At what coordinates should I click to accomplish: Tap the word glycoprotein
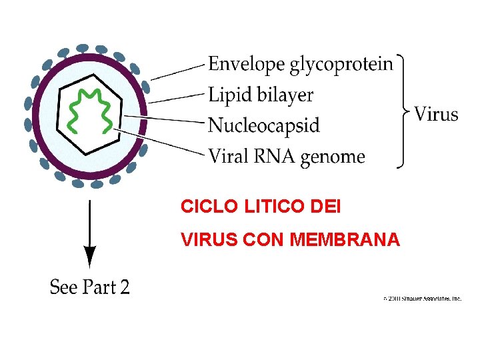tap(341, 65)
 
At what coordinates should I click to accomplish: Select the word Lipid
tap(228, 95)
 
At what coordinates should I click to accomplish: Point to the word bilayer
tap(283, 95)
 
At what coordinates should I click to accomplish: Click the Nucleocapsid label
tap(264, 125)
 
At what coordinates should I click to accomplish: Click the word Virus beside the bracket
tap(437, 114)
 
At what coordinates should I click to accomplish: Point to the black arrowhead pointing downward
tap(90, 256)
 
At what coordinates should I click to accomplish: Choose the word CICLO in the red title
tap(206, 207)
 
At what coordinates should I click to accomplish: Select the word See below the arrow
tap(64, 287)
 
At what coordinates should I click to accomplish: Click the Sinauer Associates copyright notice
tap(423, 299)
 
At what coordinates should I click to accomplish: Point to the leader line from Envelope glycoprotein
tap(177, 73)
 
